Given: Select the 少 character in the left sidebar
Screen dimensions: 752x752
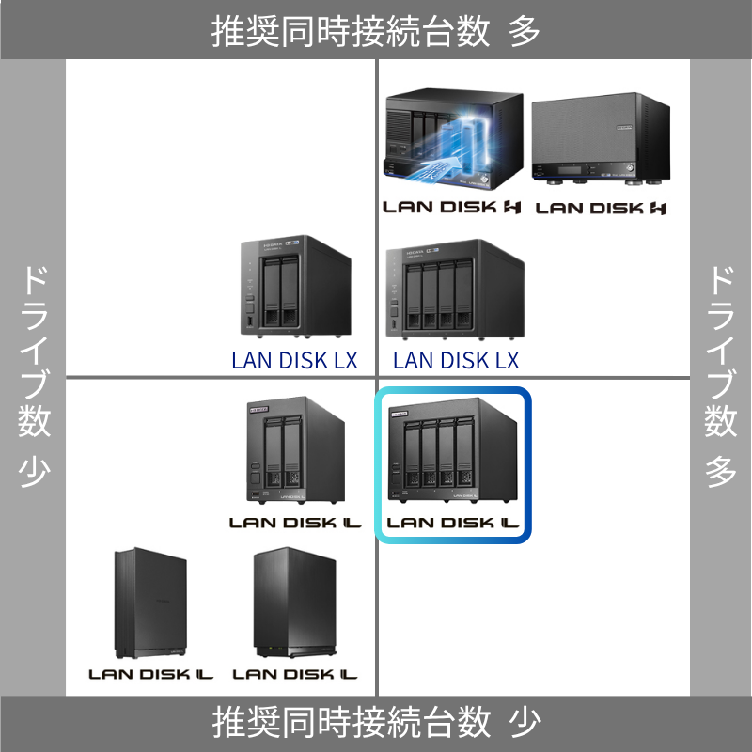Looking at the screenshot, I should (34, 470).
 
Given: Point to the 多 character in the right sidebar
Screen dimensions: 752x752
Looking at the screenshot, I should (721, 470).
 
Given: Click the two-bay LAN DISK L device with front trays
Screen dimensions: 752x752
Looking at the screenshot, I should (294, 451).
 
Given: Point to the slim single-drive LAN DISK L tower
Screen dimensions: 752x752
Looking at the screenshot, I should (150, 603).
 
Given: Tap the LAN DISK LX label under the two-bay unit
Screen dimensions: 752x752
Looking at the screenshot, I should (294, 360).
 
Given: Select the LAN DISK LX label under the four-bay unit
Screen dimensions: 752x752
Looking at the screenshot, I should (456, 360).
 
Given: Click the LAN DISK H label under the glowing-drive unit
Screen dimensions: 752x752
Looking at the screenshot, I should (452, 207).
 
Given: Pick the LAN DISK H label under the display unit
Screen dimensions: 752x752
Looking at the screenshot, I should (601, 208).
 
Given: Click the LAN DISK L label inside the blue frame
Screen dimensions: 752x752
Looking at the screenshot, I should (454, 523).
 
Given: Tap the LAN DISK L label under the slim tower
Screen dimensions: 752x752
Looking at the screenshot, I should (151, 674).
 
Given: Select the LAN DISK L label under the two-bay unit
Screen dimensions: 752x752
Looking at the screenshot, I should (294, 521).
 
